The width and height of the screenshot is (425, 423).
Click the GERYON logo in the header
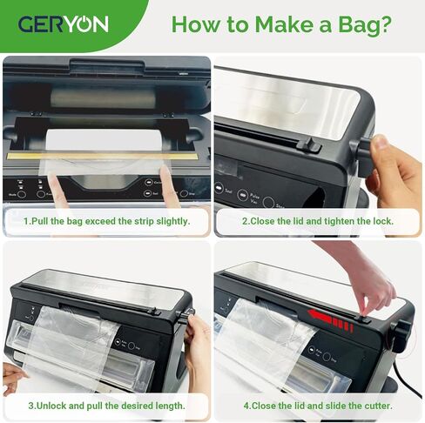coord(63,23)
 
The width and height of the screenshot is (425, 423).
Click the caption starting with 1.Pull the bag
coord(106,221)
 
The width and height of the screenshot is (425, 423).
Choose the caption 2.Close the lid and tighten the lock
coord(318,221)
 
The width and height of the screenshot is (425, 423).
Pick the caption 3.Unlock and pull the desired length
coord(106,406)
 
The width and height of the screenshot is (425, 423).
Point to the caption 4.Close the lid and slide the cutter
coord(318,406)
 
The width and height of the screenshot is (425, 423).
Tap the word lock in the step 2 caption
coord(381,221)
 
